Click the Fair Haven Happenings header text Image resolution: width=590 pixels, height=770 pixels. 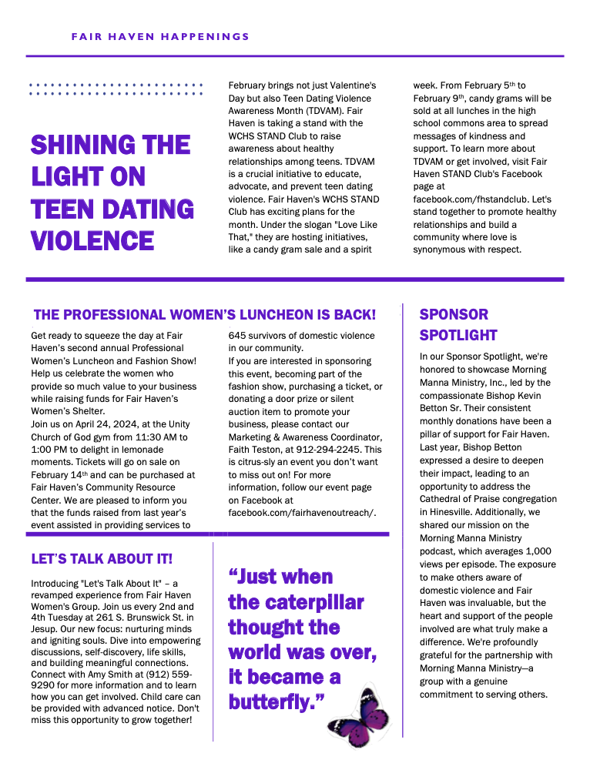[160, 36]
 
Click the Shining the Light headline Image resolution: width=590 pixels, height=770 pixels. [112, 192]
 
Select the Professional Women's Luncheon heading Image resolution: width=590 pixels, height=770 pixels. [205, 314]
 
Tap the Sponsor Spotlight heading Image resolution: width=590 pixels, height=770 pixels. [458, 325]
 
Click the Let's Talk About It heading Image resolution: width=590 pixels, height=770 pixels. [102, 558]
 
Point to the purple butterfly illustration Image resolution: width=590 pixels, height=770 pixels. [355, 718]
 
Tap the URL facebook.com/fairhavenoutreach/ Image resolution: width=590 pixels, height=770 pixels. [302, 512]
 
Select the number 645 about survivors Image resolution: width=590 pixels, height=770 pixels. [237, 336]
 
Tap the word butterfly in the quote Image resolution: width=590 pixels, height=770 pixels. [276, 701]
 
